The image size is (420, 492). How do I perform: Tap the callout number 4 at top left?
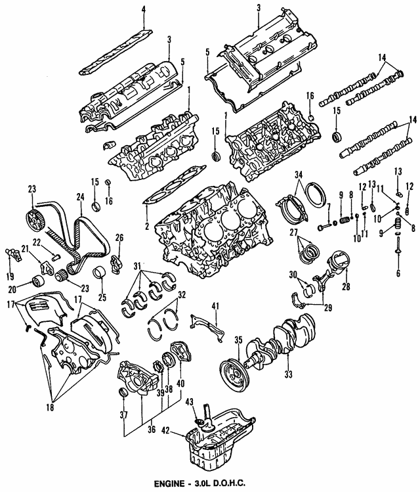144,9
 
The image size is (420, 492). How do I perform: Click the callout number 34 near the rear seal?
299,174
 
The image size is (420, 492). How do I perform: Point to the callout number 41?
213,305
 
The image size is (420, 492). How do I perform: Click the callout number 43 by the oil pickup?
188,401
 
